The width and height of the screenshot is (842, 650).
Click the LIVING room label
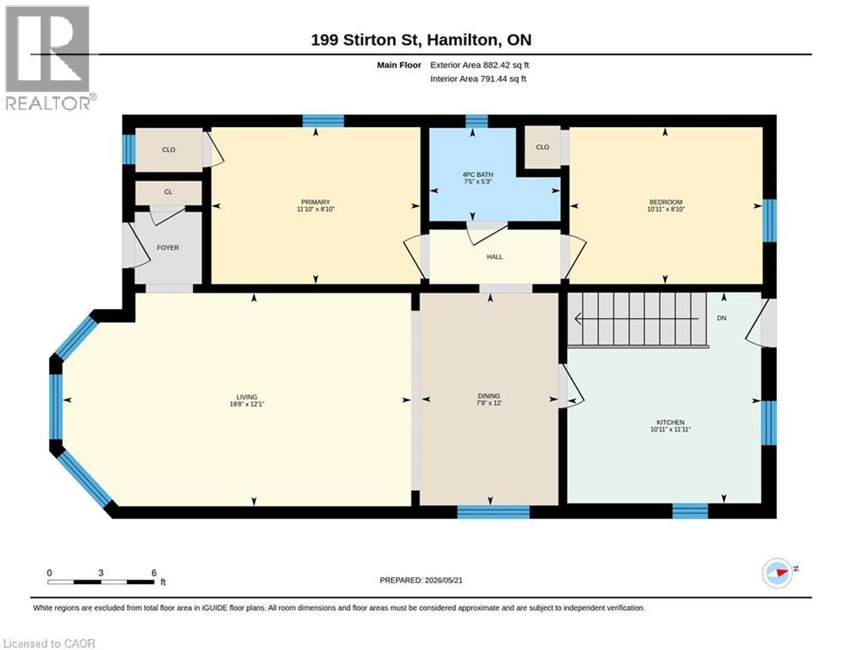(247, 397)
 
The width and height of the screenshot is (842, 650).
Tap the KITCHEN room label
(671, 422)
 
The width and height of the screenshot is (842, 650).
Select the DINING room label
(488, 396)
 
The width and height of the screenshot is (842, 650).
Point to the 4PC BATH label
(478, 174)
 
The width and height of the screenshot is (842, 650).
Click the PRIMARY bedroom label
(315, 202)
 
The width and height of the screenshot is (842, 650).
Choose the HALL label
(494, 256)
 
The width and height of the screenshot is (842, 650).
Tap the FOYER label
(168, 248)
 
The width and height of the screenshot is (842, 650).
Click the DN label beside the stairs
(722, 318)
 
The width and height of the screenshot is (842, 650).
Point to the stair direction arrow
(636, 319)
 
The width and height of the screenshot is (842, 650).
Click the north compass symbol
(778, 573)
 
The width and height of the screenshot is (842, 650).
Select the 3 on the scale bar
(101, 573)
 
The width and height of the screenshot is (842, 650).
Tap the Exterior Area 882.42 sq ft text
(480, 65)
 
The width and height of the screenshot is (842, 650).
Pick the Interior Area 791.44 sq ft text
(478, 79)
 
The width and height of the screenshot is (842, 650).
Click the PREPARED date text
(421, 580)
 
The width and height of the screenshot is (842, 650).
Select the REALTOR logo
(49, 58)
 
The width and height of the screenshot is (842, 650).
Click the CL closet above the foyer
(168, 192)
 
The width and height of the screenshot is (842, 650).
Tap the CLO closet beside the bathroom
(542, 146)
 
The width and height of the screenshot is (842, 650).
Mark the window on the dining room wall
(493, 512)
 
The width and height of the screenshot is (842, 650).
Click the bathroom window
(476, 121)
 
